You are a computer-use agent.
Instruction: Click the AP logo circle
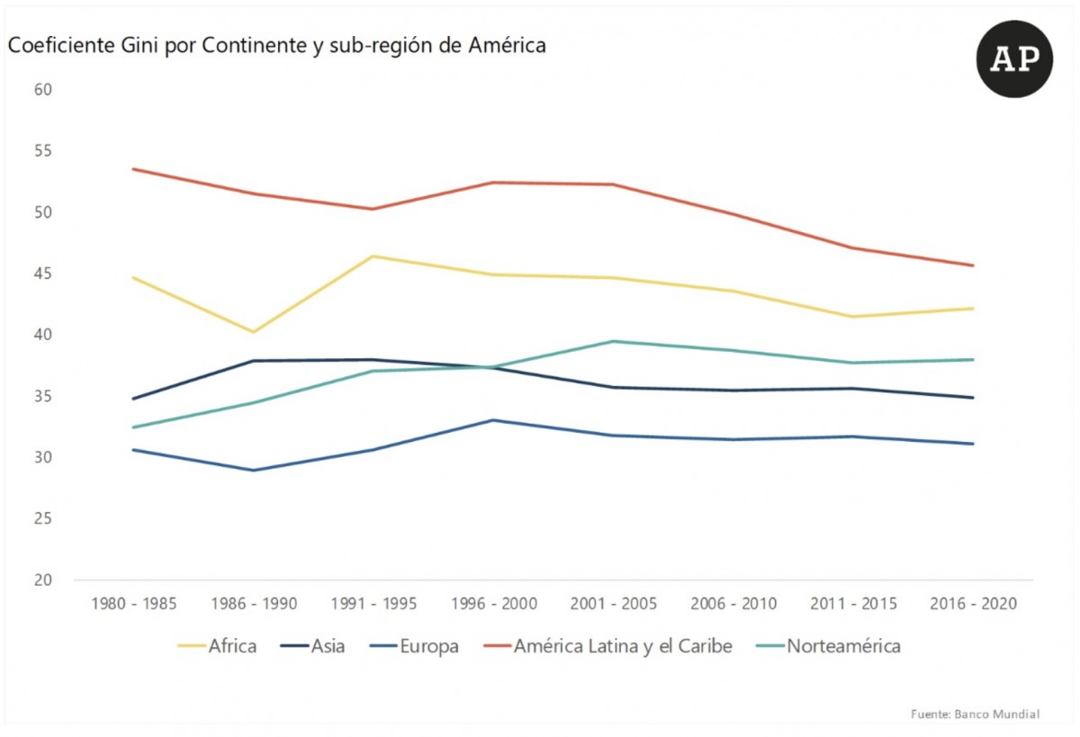coord(1014,58)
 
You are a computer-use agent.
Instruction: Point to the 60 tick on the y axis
coord(44,90)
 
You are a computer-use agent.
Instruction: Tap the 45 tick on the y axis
coord(44,274)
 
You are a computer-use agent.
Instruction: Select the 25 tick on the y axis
coord(44,519)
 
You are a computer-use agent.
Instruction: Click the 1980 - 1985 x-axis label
coord(133,604)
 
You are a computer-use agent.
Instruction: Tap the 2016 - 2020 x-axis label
coord(974,604)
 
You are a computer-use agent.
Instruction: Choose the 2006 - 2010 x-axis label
coord(733,604)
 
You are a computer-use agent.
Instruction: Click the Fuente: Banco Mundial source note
coord(975,714)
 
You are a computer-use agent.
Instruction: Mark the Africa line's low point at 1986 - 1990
coord(254,332)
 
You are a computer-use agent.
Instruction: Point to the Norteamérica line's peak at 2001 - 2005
coord(613,341)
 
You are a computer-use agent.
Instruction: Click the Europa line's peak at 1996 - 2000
coord(492,420)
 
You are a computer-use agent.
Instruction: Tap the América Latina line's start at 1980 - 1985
coord(133,169)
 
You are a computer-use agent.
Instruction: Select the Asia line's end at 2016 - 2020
coord(974,398)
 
